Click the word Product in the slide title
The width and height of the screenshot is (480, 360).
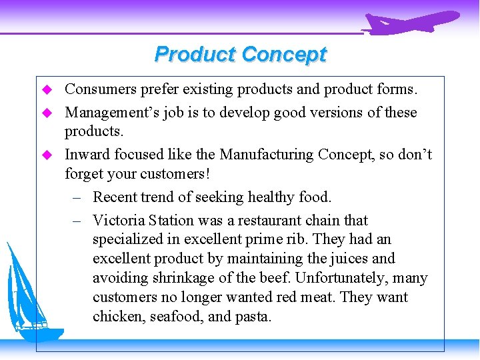pyautogui.click(x=195, y=54)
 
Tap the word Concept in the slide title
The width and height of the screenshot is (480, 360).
pyautogui.click(x=284, y=54)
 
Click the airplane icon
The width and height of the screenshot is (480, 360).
pyautogui.click(x=411, y=22)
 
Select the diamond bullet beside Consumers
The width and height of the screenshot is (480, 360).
pyautogui.click(x=47, y=89)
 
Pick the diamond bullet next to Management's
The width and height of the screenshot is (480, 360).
pyautogui.click(x=47, y=113)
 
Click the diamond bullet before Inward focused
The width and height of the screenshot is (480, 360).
pyautogui.click(x=47, y=155)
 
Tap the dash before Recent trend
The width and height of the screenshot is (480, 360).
pyautogui.click(x=77, y=197)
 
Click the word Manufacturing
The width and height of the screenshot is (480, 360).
pyautogui.click(x=266, y=155)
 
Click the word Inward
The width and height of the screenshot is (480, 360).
pyautogui.click(x=87, y=155)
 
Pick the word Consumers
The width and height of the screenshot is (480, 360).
pyautogui.click(x=98, y=89)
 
